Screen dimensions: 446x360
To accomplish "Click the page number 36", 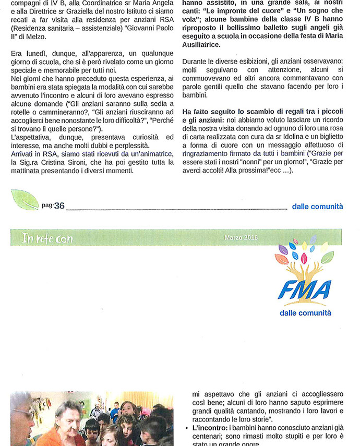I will pos(58,206).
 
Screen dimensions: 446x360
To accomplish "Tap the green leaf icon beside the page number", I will pos(25,200).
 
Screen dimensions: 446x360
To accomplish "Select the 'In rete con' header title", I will pos(47,238).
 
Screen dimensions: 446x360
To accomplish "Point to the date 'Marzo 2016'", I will pos(241,237).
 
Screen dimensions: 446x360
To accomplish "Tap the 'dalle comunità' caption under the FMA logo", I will pos(305,313).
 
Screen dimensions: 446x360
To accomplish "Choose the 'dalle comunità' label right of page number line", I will pos(317,207).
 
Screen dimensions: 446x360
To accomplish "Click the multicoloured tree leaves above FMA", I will pos(305,253).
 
